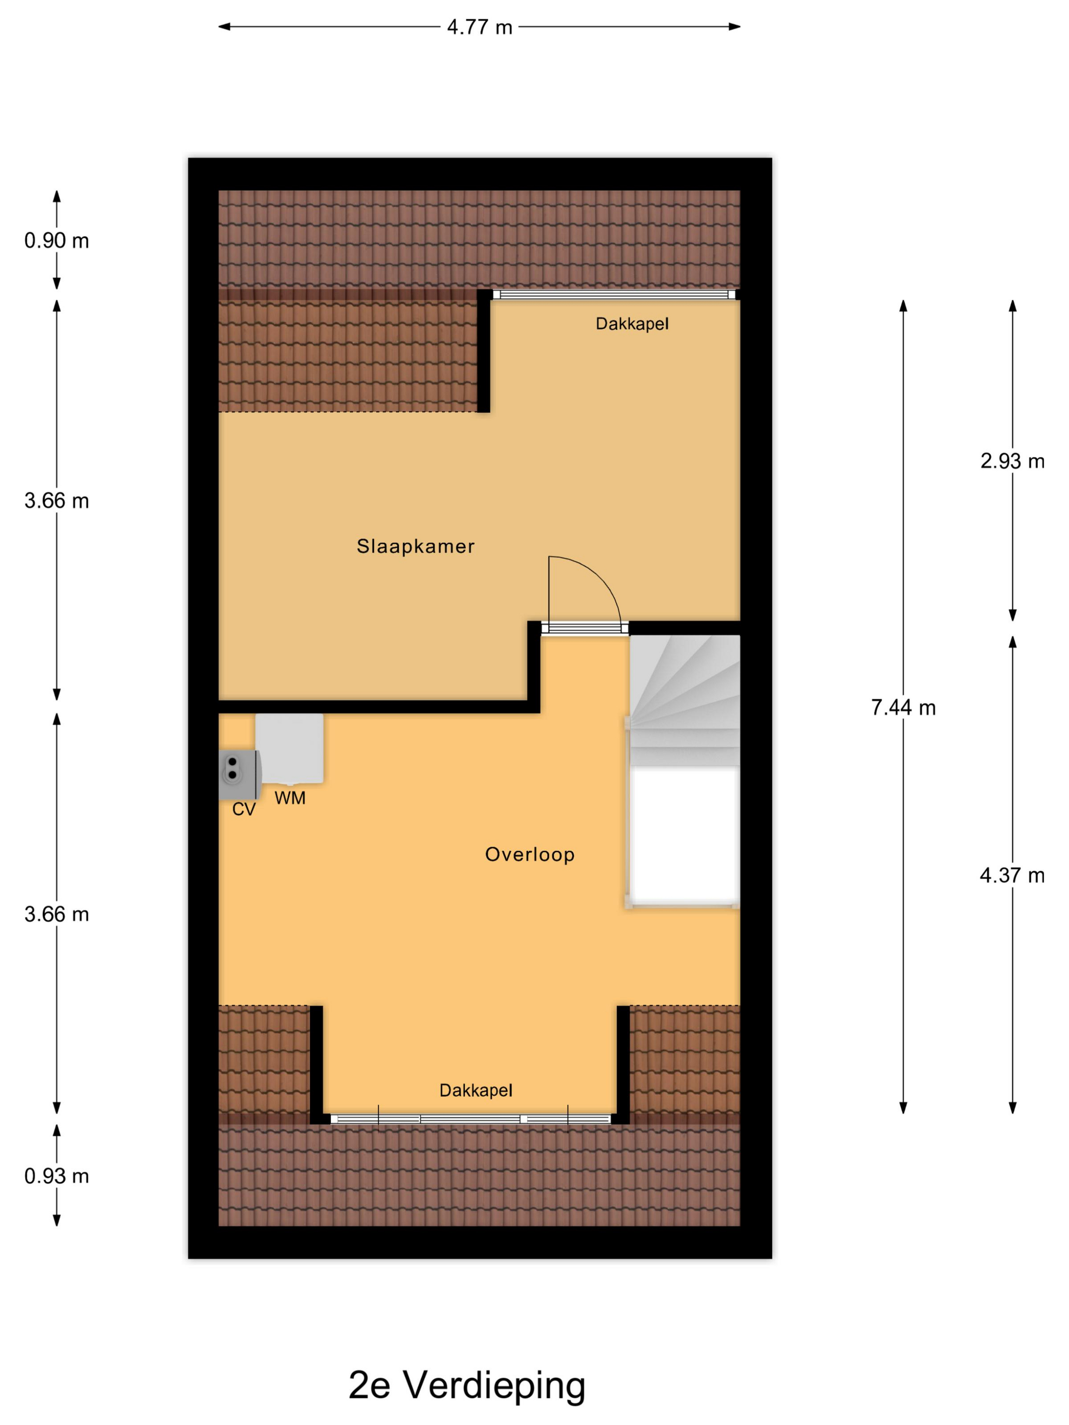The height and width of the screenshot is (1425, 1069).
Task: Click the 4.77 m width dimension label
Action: (x=480, y=27)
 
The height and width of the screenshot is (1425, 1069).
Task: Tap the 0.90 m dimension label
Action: (x=57, y=240)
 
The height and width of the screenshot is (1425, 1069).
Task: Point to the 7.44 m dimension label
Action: (x=903, y=707)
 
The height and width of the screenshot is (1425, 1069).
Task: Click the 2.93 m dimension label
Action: (x=1012, y=461)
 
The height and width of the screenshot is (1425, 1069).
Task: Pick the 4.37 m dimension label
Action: (x=1012, y=875)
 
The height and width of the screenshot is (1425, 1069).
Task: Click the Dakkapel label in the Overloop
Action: (x=475, y=1090)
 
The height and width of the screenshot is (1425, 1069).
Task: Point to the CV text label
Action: (x=243, y=809)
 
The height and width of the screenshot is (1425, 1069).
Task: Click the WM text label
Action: (x=290, y=797)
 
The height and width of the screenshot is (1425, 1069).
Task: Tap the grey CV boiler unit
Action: (x=239, y=775)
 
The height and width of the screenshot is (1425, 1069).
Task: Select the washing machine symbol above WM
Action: (x=289, y=748)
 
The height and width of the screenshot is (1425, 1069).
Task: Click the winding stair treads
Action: (x=684, y=701)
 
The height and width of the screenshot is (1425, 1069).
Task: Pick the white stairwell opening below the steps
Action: (x=684, y=836)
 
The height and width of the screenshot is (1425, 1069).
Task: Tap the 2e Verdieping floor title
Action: (x=467, y=1384)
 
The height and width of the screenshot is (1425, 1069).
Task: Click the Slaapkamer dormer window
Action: (x=614, y=294)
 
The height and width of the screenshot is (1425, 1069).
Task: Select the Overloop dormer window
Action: (x=470, y=1119)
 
